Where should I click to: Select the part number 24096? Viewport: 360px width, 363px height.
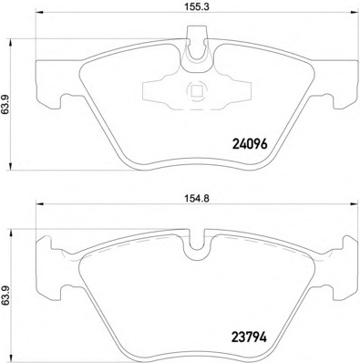(250, 144)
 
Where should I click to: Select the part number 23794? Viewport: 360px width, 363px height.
(250, 337)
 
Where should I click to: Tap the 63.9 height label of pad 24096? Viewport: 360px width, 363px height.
(5, 104)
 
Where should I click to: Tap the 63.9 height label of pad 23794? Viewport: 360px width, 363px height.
(5, 297)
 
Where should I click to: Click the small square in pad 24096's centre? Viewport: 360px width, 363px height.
(196, 90)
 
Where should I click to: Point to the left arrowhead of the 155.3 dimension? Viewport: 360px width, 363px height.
(40, 13)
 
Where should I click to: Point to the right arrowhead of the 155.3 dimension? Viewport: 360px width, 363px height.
(354, 13)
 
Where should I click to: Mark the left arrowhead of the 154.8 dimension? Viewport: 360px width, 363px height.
(40, 204)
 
